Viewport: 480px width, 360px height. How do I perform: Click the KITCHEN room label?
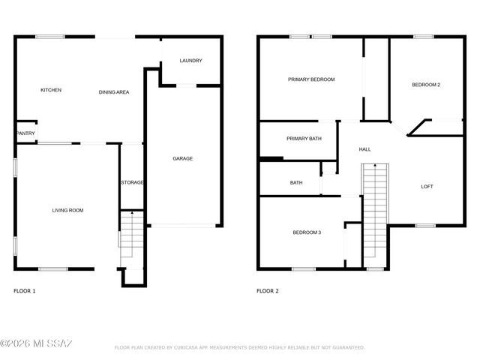pyautogui.click(x=51, y=90)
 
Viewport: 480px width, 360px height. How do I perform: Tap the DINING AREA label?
pyautogui.click(x=114, y=92)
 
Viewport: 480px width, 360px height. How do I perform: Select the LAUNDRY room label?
pyautogui.click(x=190, y=61)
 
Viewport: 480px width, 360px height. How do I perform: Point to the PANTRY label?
pyautogui.click(x=25, y=133)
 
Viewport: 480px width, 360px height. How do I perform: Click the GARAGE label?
pyautogui.click(x=183, y=158)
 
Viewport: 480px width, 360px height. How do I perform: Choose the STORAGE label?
pyautogui.click(x=132, y=182)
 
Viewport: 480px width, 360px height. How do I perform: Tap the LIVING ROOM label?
pyautogui.click(x=67, y=211)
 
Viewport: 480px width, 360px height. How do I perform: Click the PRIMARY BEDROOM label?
pyautogui.click(x=311, y=79)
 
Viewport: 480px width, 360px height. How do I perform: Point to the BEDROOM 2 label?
pyautogui.click(x=426, y=85)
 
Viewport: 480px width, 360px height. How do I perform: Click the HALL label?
pyautogui.click(x=364, y=149)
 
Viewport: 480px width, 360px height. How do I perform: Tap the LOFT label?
pyautogui.click(x=427, y=187)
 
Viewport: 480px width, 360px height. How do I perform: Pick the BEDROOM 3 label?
pyautogui.click(x=307, y=232)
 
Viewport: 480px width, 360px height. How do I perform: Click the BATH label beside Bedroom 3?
pyautogui.click(x=296, y=183)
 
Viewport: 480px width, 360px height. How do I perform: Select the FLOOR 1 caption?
pyautogui.click(x=25, y=290)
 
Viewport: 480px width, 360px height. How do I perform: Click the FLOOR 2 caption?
pyautogui.click(x=267, y=290)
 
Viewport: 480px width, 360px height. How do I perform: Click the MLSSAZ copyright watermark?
pyautogui.click(x=37, y=343)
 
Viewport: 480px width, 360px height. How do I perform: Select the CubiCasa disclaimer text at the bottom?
pyautogui.click(x=239, y=348)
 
